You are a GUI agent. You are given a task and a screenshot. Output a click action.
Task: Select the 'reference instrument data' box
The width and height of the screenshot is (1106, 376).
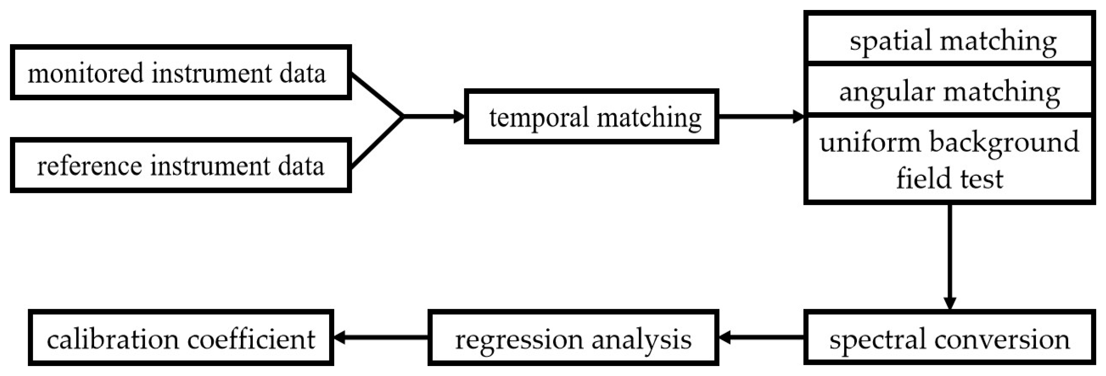click(180, 165)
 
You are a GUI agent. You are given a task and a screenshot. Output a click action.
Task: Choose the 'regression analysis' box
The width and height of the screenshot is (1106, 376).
click(573, 338)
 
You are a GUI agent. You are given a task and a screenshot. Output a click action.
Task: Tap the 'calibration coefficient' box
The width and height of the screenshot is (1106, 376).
click(180, 338)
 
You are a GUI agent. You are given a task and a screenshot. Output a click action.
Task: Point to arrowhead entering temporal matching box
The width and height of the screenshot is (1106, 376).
click(459, 116)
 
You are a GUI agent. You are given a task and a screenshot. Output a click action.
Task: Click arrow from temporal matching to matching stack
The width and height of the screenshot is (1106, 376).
click(760, 116)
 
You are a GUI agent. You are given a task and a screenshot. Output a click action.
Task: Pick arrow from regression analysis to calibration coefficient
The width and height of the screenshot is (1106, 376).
click(380, 338)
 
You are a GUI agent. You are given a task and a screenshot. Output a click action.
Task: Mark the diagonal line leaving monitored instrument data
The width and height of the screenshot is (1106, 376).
click(377, 94)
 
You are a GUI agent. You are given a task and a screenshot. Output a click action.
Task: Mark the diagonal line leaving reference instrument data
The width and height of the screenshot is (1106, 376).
click(377, 142)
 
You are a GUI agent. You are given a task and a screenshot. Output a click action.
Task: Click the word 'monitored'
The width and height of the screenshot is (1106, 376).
click(85, 73)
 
